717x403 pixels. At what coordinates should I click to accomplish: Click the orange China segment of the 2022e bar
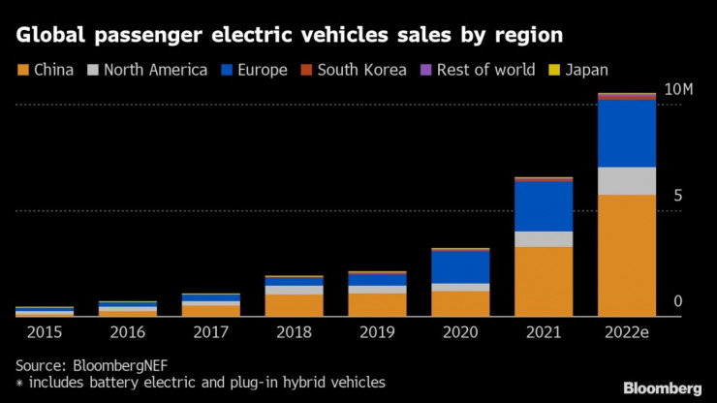pyautogui.click(x=627, y=255)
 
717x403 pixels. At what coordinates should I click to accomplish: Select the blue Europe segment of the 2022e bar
pyautogui.click(x=627, y=134)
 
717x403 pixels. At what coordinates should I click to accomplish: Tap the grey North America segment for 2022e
pyautogui.click(x=627, y=180)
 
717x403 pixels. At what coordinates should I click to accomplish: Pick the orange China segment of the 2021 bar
pyautogui.click(x=544, y=281)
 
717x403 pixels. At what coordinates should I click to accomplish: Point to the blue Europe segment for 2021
pyautogui.click(x=544, y=206)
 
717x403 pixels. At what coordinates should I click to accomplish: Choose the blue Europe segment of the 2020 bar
pyautogui.click(x=460, y=266)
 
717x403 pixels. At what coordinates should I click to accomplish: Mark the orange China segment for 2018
pyautogui.click(x=294, y=305)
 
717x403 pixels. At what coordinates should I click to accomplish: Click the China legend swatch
pyautogui.click(x=22, y=70)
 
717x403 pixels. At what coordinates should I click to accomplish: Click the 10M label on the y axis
pyautogui.click(x=679, y=90)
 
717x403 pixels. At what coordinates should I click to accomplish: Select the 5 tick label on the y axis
pyautogui.click(x=678, y=196)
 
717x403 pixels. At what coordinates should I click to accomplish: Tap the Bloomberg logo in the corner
pyautogui.click(x=663, y=388)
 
